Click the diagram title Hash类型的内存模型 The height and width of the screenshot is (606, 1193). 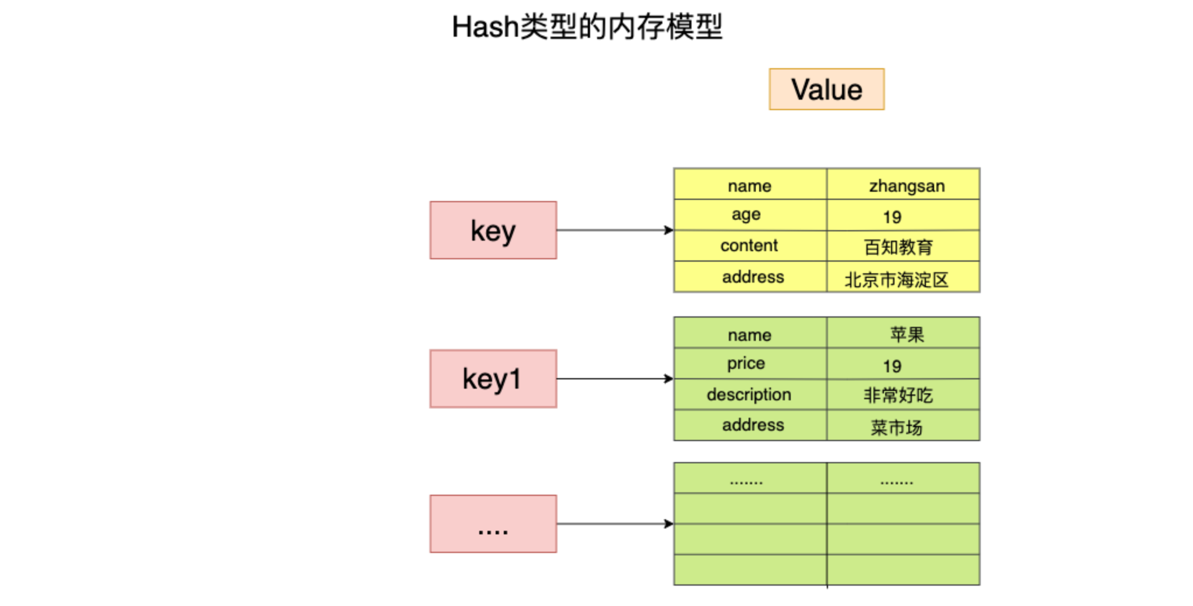click(587, 27)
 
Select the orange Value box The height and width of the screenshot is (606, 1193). click(826, 89)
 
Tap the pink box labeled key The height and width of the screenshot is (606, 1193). click(493, 230)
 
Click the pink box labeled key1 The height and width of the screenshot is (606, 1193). click(493, 379)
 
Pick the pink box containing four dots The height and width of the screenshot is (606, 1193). click(493, 524)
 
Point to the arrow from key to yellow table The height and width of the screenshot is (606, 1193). click(615, 230)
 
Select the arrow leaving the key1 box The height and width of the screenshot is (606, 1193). click(615, 379)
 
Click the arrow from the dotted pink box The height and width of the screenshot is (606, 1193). click(615, 524)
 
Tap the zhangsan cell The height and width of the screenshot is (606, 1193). click(903, 184)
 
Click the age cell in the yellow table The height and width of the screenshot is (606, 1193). click(750, 215)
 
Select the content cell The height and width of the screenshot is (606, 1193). click(750, 246)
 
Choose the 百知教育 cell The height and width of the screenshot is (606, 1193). click(903, 246)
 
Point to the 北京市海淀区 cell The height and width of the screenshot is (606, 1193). click(903, 277)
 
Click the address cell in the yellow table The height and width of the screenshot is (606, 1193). click(750, 277)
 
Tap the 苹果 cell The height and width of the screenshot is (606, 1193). click(903, 333)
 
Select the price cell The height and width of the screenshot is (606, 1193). click(750, 364)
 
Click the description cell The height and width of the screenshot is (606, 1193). click(750, 394)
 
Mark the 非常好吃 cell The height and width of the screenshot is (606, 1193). click(903, 394)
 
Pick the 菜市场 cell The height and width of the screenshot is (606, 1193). click(903, 425)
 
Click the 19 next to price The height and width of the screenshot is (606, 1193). click(892, 366)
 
